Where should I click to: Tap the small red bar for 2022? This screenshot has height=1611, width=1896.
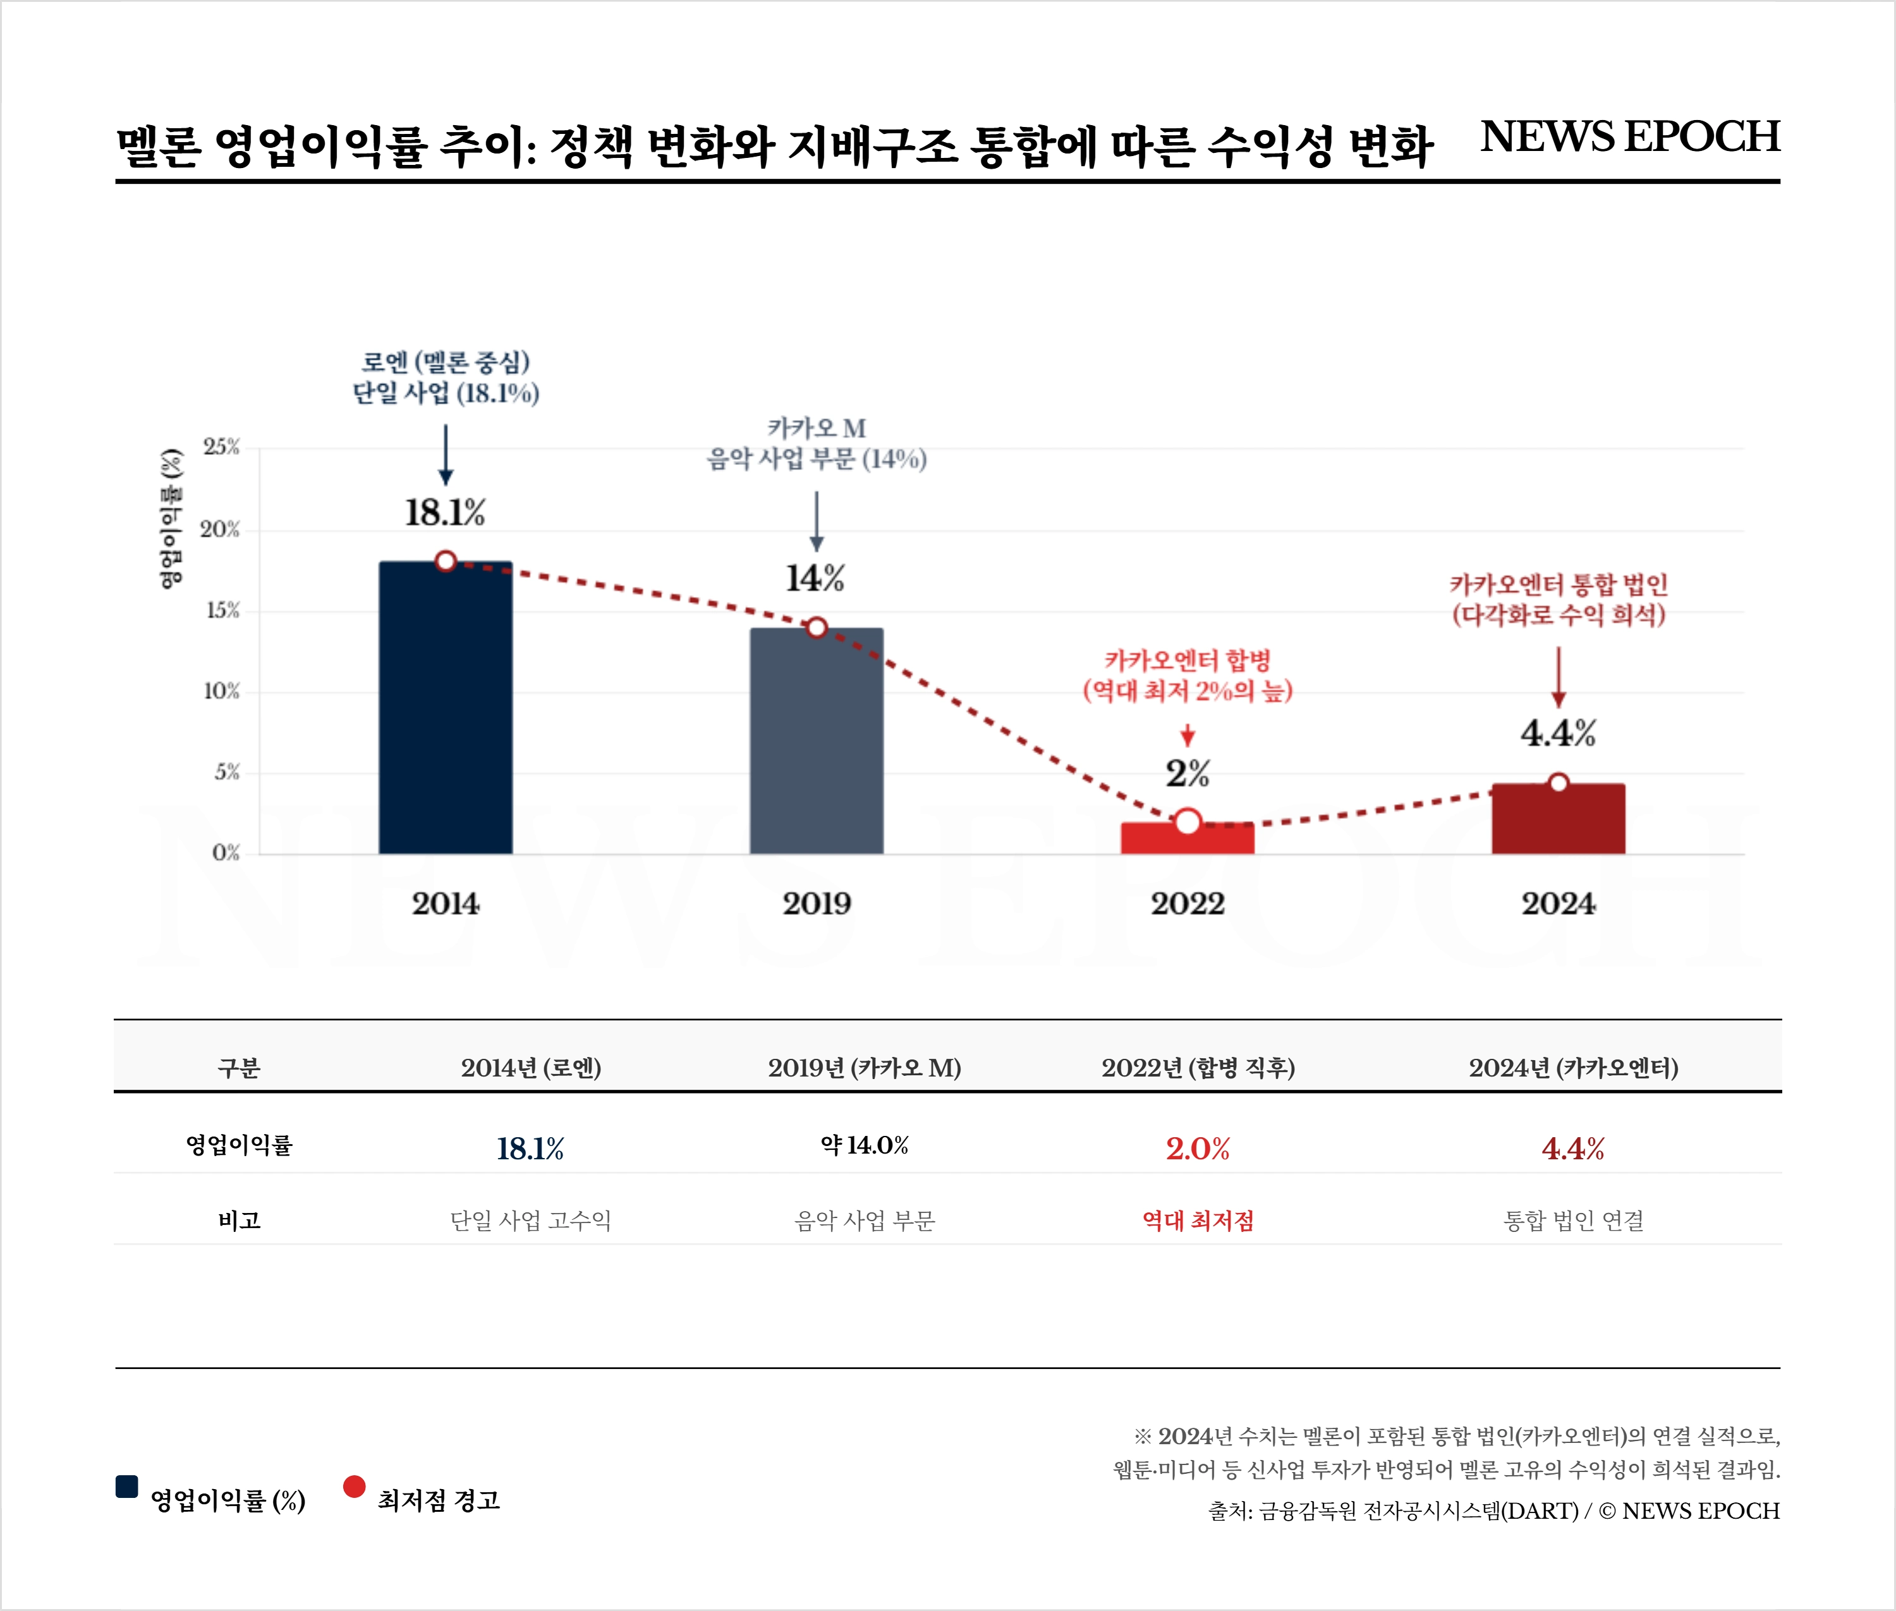[1187, 840]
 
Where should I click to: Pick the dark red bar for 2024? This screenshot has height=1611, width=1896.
[1558, 819]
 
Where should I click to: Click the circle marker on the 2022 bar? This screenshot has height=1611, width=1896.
[1187, 822]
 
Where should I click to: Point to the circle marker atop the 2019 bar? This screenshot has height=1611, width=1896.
[817, 627]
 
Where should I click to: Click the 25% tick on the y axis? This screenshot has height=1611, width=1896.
[222, 447]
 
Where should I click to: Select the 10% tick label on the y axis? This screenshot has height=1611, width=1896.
[222, 691]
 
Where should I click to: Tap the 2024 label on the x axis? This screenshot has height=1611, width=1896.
[1558, 903]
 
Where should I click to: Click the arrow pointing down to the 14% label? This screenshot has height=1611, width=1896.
[817, 521]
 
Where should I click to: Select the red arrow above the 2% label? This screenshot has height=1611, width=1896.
[1187, 735]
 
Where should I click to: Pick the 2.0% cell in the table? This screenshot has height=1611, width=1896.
[1198, 1148]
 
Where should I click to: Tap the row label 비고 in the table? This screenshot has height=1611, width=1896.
[240, 1220]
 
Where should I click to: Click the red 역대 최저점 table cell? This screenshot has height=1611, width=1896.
[1198, 1220]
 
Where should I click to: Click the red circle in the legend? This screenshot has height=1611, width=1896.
[355, 1486]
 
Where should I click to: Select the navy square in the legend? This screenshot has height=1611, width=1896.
[127, 1486]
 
